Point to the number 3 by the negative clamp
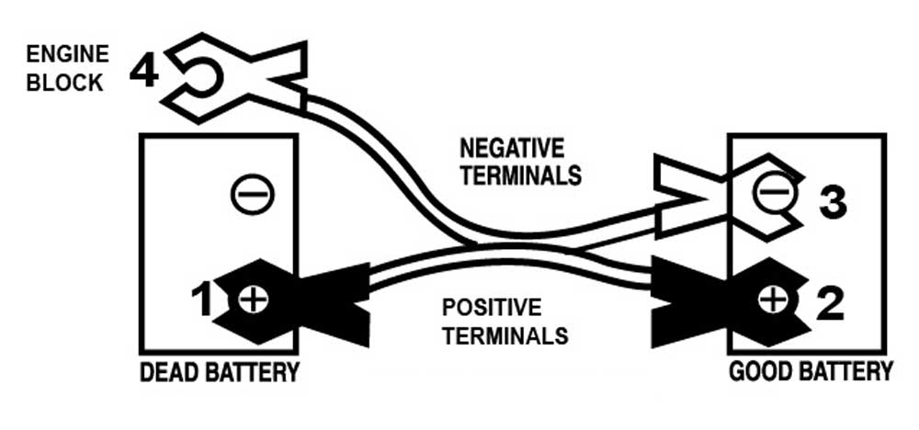click(832, 204)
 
